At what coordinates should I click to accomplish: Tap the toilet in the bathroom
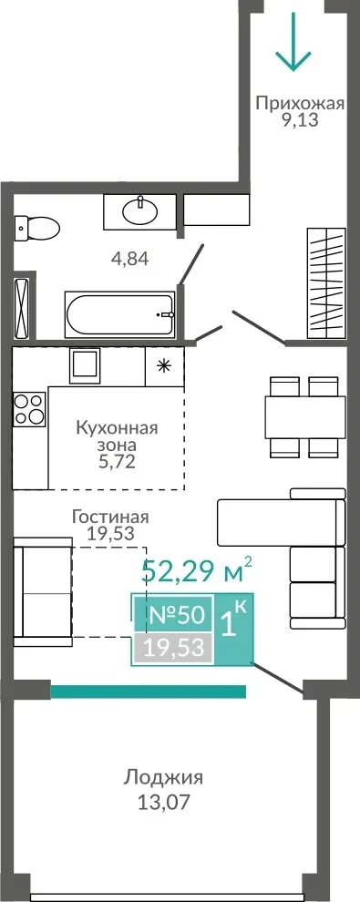[36, 227]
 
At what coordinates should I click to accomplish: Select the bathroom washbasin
[139, 211]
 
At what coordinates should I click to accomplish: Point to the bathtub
[119, 315]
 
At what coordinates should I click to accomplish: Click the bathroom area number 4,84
[130, 259]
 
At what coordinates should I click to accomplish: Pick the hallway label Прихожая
[300, 104]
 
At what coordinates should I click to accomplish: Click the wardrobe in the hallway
[326, 283]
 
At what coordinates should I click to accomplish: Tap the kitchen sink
[85, 365]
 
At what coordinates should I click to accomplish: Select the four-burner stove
[29, 409]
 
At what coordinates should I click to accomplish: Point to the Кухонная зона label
[117, 436]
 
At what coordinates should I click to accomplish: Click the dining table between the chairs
[304, 417]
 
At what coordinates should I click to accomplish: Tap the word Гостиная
[110, 517]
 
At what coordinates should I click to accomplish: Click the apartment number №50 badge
[177, 615]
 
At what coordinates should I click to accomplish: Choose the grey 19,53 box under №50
[174, 649]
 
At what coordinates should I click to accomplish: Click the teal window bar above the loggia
[149, 691]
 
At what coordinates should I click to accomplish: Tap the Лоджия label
[163, 778]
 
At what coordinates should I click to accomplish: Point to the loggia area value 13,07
[163, 802]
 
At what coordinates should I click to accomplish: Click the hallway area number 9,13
[299, 121]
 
